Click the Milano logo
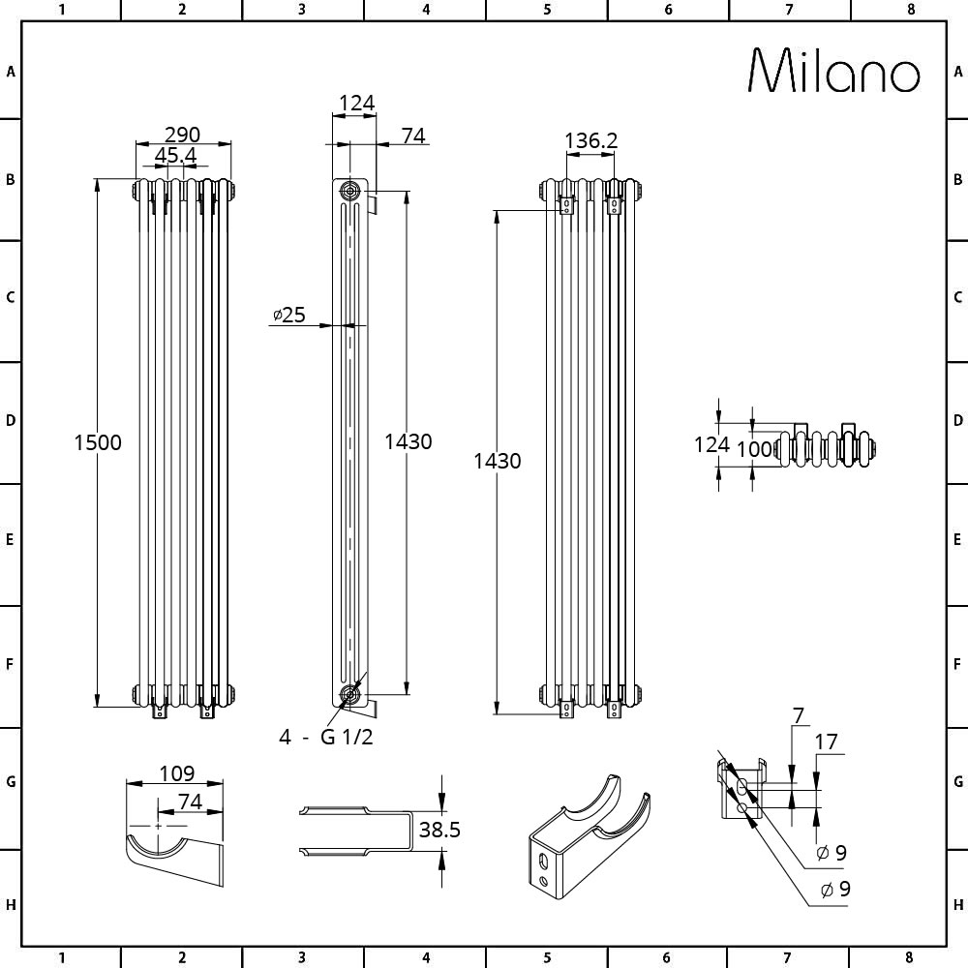(834, 71)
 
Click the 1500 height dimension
(98, 442)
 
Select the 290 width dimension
(183, 134)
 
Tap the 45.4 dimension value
(175, 156)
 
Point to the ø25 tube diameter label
(288, 315)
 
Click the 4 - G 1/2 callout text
(326, 737)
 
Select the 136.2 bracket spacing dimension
(590, 140)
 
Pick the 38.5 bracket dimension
(439, 830)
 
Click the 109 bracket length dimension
(176, 772)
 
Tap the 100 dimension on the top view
(754, 449)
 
